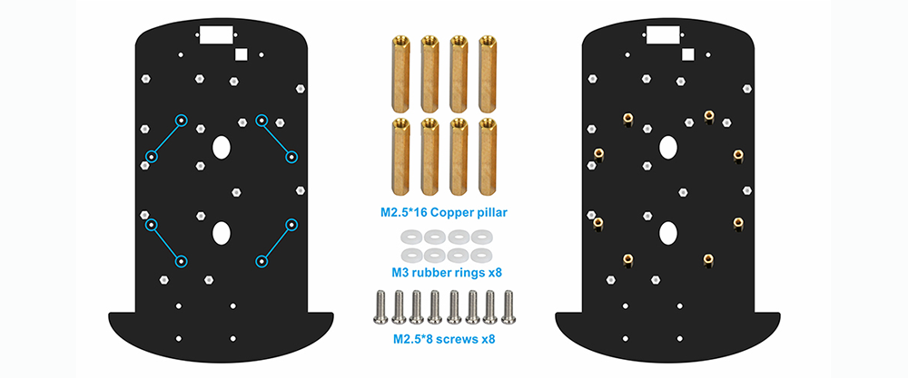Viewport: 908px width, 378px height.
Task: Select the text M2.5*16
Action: [x=405, y=213]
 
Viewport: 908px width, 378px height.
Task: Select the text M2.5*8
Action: [x=415, y=339]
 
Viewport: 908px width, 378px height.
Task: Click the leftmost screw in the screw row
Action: [x=380, y=306]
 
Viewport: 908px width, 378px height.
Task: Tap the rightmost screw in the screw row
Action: [x=508, y=306]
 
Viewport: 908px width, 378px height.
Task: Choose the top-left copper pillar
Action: [x=400, y=73]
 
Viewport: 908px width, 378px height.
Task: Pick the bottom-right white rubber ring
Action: [x=479, y=255]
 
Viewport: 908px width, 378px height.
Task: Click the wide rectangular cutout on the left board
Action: [x=215, y=34]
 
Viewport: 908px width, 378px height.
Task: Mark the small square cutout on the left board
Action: [x=242, y=54]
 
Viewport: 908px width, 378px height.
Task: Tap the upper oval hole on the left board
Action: [x=222, y=147]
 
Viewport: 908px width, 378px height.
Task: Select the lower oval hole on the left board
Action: [x=222, y=233]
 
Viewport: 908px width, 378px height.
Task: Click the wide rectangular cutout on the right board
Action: [x=663, y=34]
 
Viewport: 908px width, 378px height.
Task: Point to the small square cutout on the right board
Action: [x=688, y=54]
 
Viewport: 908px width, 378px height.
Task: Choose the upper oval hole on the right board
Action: [x=668, y=147]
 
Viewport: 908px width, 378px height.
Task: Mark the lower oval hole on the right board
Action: [x=668, y=233]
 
